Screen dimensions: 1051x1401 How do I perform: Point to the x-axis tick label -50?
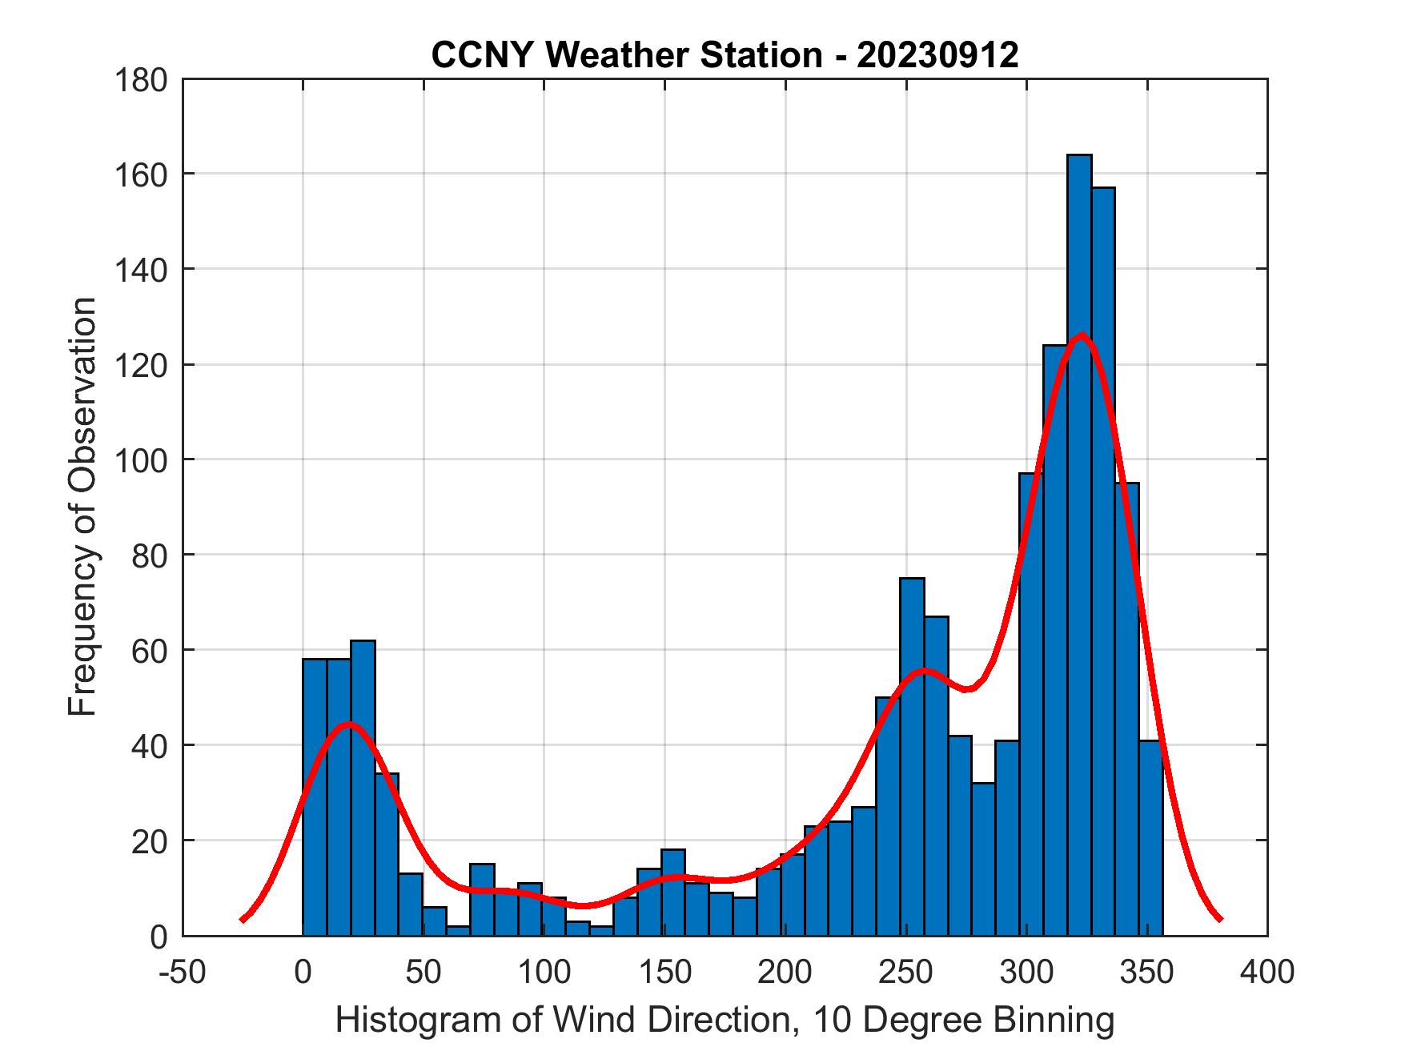(183, 972)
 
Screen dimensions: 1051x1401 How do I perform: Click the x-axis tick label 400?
(1267, 972)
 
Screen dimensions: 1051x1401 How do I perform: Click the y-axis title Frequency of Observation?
(82, 507)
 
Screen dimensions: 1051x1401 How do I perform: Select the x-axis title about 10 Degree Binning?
(725, 1021)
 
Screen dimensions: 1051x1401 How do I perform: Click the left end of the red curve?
(243, 920)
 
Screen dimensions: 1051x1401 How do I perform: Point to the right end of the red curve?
(1219, 919)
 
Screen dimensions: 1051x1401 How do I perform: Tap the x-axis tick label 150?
(664, 972)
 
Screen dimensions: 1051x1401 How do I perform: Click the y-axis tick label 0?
(159, 937)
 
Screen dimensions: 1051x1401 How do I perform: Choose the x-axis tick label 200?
(785, 972)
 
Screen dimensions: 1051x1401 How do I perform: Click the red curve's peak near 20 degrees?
(348, 724)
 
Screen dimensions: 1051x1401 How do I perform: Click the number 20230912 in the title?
(937, 55)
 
